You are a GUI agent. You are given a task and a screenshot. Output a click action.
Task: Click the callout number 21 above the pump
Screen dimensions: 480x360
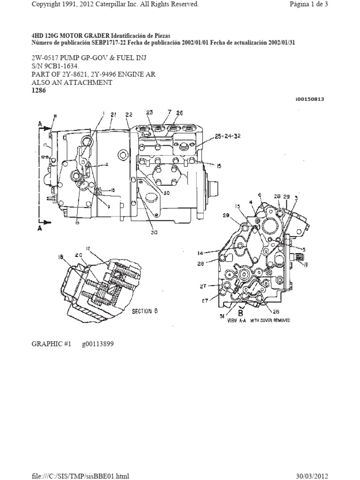point(113,115)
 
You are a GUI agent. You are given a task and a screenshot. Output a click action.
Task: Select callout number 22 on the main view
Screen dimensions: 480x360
point(129,115)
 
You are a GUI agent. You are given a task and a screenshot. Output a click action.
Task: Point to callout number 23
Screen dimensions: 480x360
point(150,112)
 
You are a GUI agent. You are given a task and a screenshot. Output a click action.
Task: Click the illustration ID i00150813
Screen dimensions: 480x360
point(310,99)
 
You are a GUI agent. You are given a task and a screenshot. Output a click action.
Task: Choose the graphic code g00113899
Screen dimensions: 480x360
point(97,344)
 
